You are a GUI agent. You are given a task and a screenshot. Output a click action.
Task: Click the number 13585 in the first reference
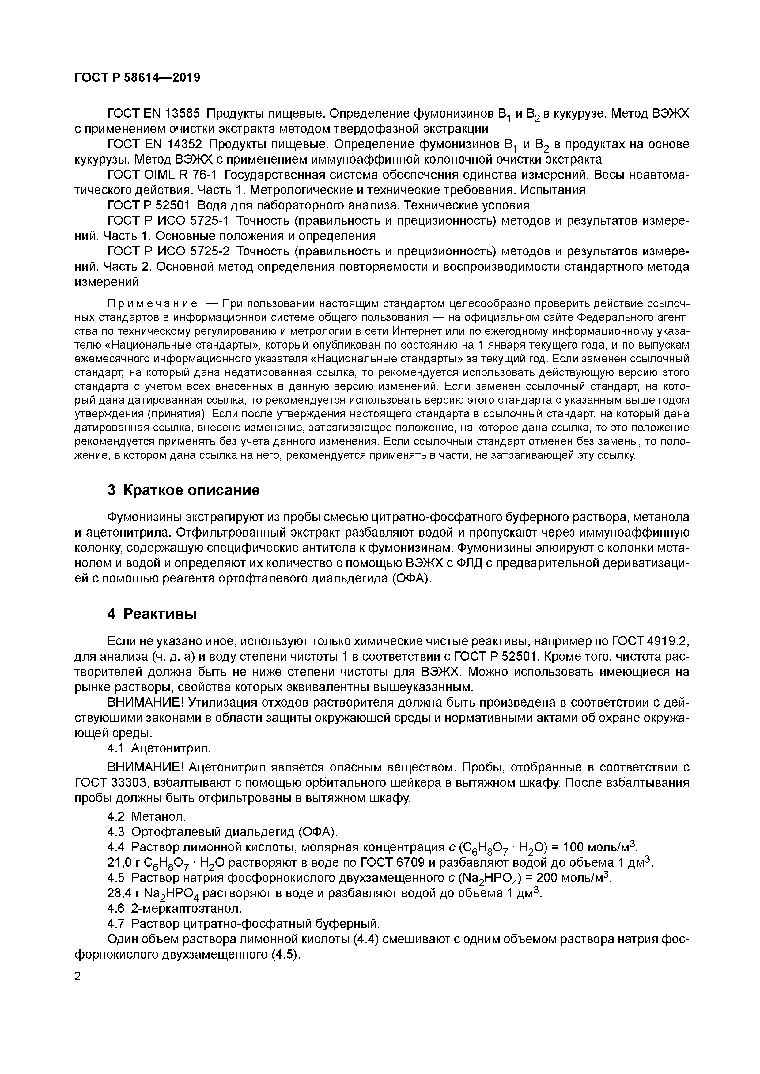182,114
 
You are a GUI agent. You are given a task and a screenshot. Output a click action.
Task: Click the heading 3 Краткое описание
183,491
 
